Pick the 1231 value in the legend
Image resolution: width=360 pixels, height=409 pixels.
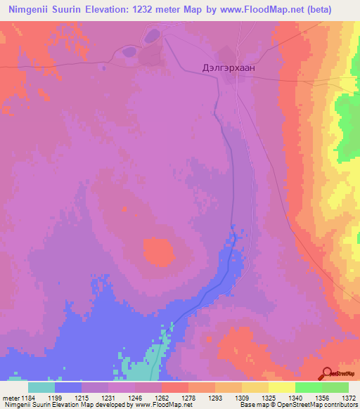(x=95, y=398)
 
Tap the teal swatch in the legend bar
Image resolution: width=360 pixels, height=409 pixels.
(x=41, y=387)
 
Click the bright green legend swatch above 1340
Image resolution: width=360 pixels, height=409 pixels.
(x=308, y=387)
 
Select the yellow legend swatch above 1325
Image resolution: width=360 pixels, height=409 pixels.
(x=281, y=387)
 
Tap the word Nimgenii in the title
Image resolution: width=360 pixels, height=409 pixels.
(x=37, y=9)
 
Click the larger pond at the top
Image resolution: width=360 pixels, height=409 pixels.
(x=152, y=35)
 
